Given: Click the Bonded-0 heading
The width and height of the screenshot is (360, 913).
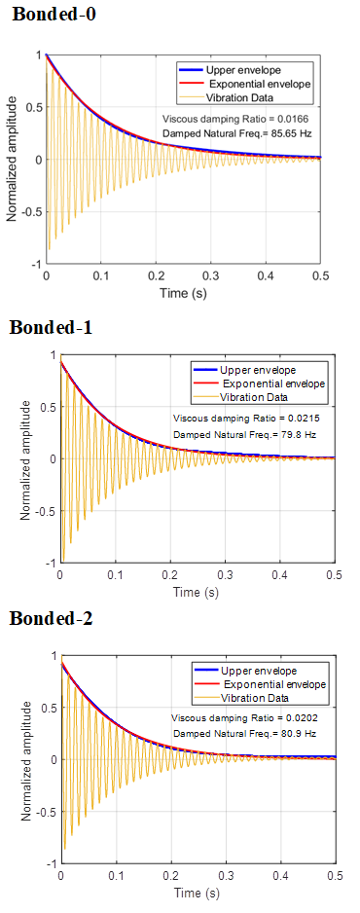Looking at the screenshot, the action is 54,15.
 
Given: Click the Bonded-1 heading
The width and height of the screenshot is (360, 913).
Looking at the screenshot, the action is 51,327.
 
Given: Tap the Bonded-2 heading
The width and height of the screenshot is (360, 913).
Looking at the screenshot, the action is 51,618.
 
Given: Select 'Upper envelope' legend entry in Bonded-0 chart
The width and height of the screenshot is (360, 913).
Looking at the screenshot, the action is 243,70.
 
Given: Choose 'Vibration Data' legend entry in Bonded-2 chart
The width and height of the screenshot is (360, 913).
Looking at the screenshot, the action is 255,697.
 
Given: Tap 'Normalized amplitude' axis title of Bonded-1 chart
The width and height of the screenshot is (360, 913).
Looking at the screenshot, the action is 24,458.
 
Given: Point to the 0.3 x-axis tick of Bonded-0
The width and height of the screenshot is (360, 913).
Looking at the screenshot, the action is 210,276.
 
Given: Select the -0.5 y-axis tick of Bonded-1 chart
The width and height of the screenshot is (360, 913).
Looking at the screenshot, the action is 46,511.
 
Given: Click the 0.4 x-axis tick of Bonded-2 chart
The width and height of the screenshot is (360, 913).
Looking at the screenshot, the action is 281,876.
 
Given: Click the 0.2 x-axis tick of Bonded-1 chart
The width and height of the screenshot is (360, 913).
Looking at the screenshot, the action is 170,576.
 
